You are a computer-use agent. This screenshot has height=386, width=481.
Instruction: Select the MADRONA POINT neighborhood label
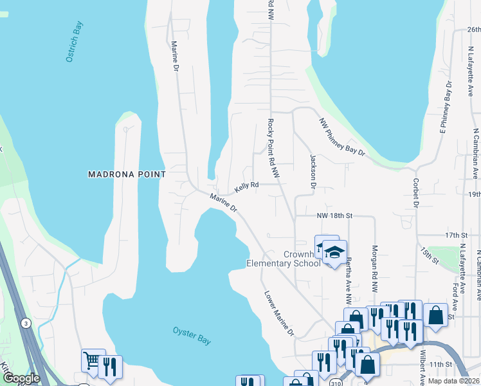coord(127,174)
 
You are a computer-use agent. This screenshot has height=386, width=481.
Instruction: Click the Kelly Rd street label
coord(246,187)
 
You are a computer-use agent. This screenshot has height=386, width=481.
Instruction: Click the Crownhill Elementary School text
coord(284,259)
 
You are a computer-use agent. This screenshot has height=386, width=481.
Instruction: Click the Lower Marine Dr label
coord(279,314)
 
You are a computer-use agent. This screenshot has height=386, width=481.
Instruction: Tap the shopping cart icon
coord(92,360)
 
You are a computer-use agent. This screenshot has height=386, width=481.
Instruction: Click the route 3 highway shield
coord(26,322)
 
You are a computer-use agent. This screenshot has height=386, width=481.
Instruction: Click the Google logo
coord(21,379)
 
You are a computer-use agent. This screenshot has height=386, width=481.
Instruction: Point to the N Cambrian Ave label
coord(476,154)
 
